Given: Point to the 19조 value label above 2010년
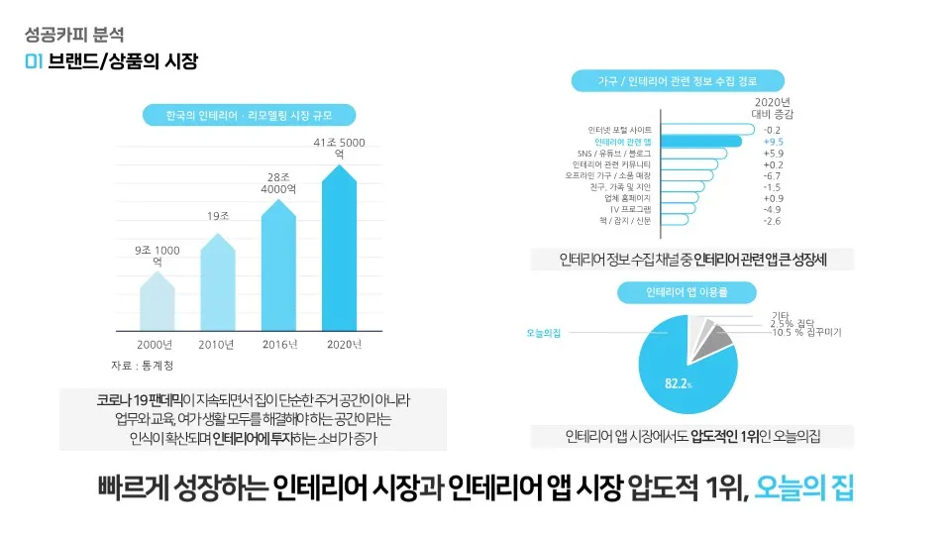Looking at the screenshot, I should pyautogui.click(x=218, y=216).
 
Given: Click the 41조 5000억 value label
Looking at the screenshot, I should pyautogui.click(x=339, y=149).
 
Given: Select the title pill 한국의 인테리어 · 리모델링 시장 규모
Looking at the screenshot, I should pyautogui.click(x=249, y=116).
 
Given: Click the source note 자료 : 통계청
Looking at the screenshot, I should pyautogui.click(x=141, y=366).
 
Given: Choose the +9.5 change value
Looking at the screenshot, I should pyautogui.click(x=774, y=142).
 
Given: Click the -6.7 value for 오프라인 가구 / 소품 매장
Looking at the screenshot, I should pyautogui.click(x=774, y=175).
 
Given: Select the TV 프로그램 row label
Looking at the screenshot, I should pyautogui.click(x=629, y=209).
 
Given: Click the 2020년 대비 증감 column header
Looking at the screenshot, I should pyautogui.click(x=773, y=108).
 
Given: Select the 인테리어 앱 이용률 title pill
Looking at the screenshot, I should pyautogui.click(x=687, y=292).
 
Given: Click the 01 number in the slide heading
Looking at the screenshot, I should pyautogui.click(x=33, y=62).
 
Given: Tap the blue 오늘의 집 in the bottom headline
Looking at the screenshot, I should pyautogui.click(x=803, y=488).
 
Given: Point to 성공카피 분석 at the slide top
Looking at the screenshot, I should pyautogui.click(x=67, y=38).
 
